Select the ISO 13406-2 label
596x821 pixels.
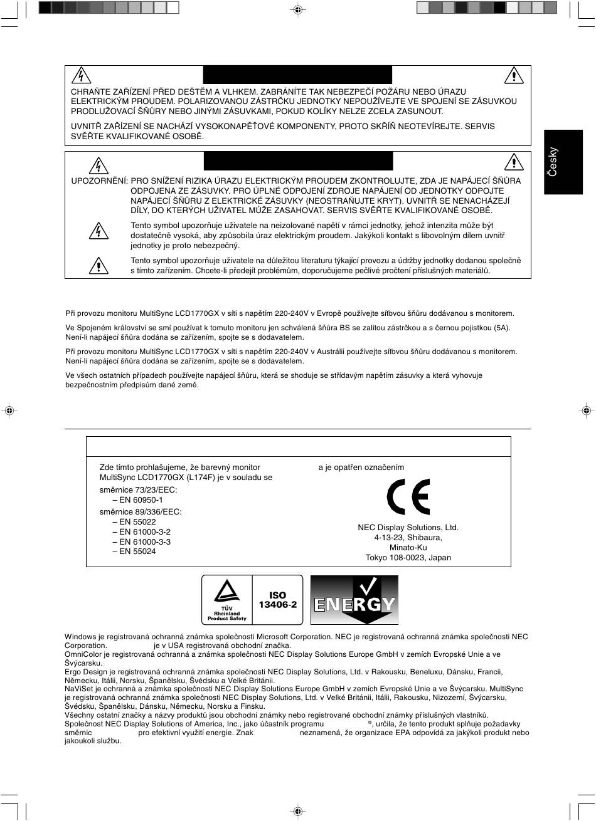[x=277, y=600]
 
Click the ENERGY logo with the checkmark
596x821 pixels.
[x=354, y=600]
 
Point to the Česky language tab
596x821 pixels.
[x=553, y=162]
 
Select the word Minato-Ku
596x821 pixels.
[x=408, y=548]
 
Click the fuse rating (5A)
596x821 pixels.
[x=502, y=327]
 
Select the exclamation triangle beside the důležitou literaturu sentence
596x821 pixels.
[x=98, y=266]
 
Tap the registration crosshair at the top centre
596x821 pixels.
[x=298, y=9]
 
